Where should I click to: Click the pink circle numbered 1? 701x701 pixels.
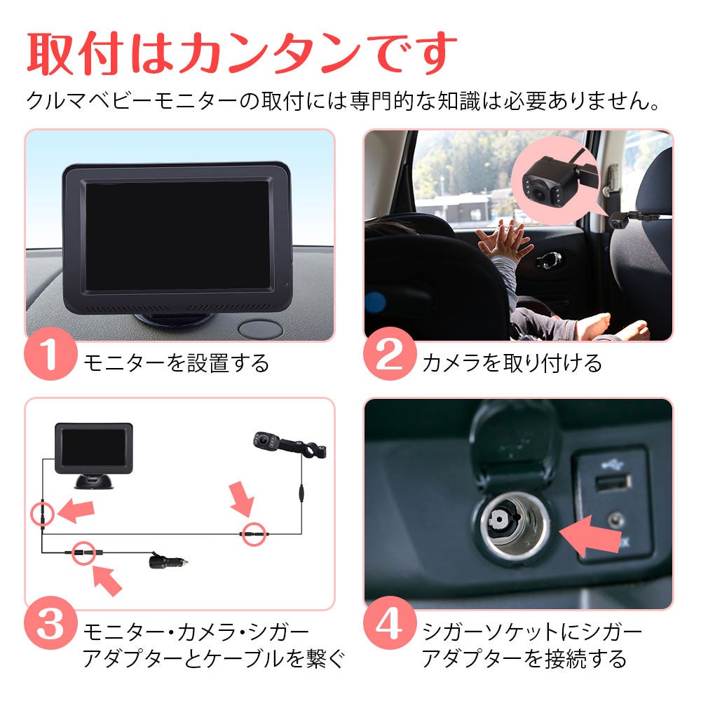pyautogui.click(x=50, y=353)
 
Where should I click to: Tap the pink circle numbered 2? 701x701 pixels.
pyautogui.click(x=389, y=353)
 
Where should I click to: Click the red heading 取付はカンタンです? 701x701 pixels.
pyautogui.click(x=242, y=53)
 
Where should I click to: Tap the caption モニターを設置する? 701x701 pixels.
pyautogui.click(x=176, y=363)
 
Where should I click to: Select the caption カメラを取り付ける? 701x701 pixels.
pyautogui.click(x=512, y=363)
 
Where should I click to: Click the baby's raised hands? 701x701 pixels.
pyautogui.click(x=505, y=241)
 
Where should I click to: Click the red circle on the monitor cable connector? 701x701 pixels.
pyautogui.click(x=43, y=514)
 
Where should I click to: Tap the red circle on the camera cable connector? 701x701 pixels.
pyautogui.click(x=254, y=533)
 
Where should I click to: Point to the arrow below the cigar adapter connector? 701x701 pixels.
pyautogui.click(x=107, y=579)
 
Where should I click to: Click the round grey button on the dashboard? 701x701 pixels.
pyautogui.click(x=260, y=329)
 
